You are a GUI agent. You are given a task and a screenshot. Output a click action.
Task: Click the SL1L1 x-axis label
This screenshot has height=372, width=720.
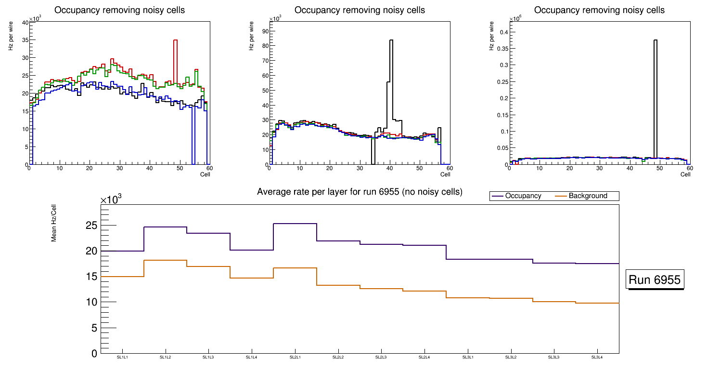point(122,357)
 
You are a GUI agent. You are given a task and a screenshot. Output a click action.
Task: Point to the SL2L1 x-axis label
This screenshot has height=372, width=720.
point(295,357)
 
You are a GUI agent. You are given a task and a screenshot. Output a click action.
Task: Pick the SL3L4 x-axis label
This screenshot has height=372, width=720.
point(597,357)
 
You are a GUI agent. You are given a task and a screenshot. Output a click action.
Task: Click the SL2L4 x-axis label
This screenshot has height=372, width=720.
point(424,357)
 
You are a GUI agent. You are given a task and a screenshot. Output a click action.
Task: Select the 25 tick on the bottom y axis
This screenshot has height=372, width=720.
point(91,226)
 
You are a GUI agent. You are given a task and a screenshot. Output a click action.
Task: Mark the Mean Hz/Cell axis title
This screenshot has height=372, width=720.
point(54,225)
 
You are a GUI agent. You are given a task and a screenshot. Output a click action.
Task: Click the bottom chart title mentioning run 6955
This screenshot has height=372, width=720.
point(360,192)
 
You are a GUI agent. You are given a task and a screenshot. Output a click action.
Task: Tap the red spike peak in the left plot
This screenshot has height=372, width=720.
point(176,40)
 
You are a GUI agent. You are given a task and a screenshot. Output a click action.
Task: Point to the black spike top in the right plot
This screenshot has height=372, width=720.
point(656,40)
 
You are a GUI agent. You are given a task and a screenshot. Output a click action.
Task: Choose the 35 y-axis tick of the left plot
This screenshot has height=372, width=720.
point(25,40)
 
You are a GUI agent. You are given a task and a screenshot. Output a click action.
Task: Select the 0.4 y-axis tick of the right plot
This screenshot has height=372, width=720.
point(503,32)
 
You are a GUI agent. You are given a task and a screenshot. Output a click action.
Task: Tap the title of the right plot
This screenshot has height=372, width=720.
point(600,10)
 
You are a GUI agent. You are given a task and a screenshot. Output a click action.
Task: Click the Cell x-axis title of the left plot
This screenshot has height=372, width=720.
point(205,174)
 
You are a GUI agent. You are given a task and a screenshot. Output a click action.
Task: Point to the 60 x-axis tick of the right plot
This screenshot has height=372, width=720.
point(689,168)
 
